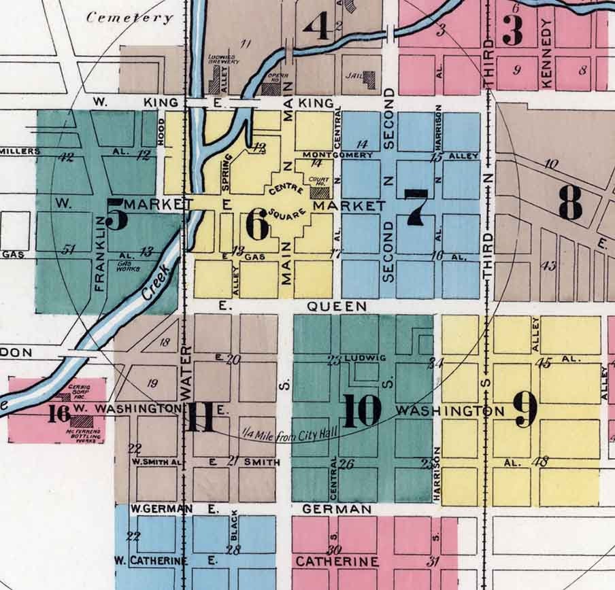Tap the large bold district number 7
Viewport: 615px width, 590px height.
pos(416,207)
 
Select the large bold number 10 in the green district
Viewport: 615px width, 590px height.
pos(363,411)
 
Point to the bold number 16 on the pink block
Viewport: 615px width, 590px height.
pos(60,413)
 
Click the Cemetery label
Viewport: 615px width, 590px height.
pos(130,18)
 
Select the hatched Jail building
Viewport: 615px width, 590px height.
pos(369,80)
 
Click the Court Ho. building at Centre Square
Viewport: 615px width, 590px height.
pos(318,190)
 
